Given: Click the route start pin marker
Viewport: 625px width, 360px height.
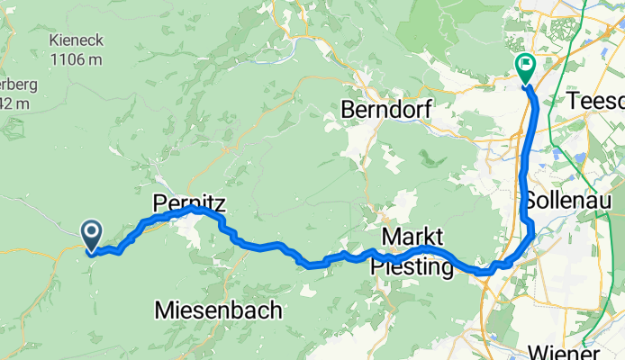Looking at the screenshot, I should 93,235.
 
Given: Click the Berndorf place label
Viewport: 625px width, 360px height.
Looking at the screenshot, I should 387,110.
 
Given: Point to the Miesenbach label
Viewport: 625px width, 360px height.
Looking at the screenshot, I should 219,310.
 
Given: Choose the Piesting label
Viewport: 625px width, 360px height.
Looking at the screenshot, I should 411,268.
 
